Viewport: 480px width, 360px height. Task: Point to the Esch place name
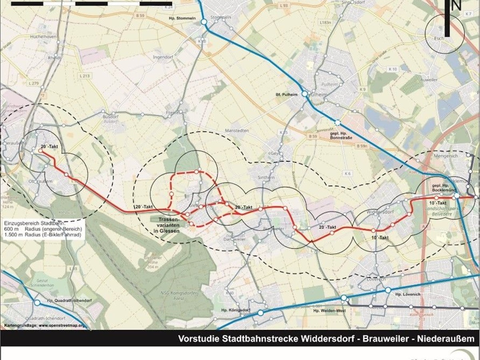(x=440, y=39)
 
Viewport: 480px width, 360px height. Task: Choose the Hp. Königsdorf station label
(x=236, y=310)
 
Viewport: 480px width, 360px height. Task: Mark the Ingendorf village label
(x=162, y=57)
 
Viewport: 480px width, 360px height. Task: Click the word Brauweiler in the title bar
(x=385, y=339)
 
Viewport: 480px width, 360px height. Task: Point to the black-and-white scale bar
(x=92, y=4)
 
